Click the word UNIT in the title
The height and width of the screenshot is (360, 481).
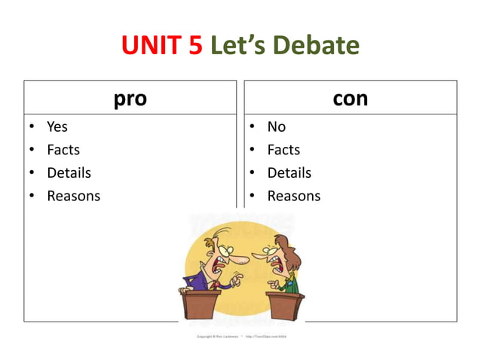point(149,47)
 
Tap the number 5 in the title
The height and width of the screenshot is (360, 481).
point(195,47)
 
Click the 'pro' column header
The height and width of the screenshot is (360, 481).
point(130,98)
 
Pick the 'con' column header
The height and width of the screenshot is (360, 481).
point(351,98)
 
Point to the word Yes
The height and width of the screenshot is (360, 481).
point(57,127)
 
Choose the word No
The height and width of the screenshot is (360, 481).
point(277,127)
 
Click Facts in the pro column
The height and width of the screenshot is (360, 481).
point(63,150)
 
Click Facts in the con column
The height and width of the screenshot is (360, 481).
point(283,150)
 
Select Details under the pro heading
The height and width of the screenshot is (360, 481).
point(69,172)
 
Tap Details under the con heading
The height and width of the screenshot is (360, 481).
point(290,172)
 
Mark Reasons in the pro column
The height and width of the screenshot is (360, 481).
point(73,196)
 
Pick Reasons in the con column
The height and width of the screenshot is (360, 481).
point(294,196)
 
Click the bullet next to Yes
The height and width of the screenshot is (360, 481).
point(32,127)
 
